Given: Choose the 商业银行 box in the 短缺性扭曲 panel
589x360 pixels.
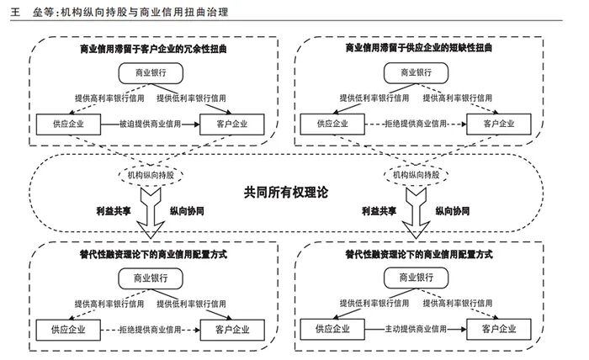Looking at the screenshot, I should [x=418, y=73].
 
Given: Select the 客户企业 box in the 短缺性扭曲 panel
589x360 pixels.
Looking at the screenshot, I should [x=500, y=124].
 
